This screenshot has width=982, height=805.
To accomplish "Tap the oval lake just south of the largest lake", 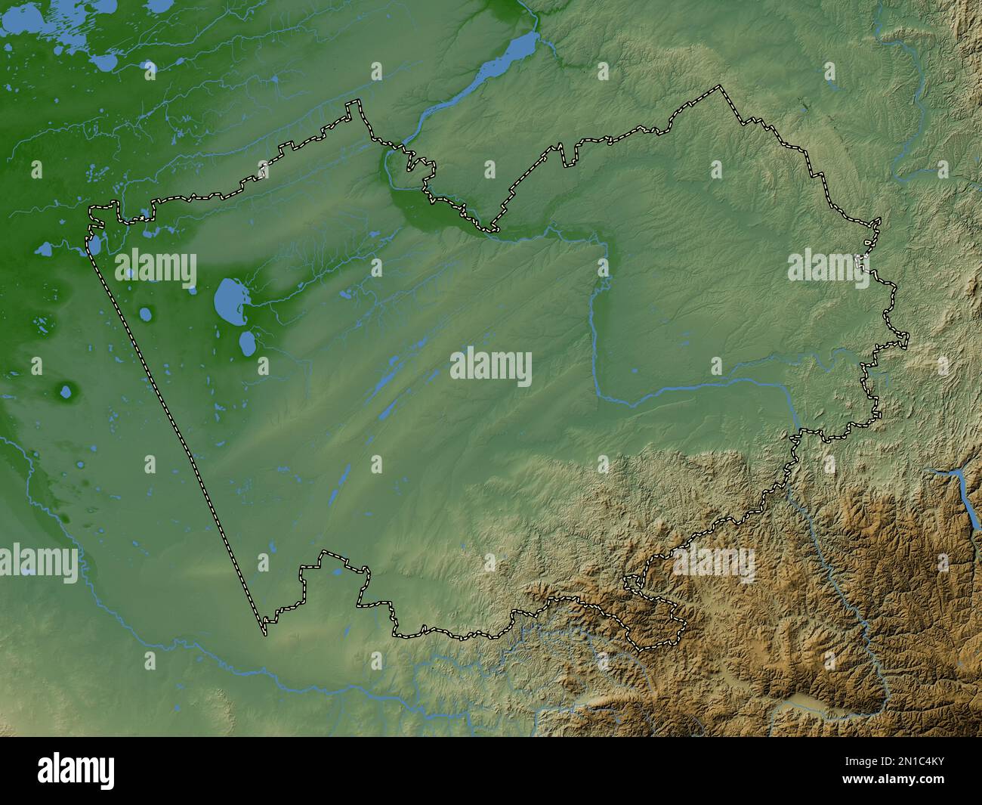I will pos(247,342).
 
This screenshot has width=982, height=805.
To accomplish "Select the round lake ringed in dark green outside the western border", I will pos(66,392).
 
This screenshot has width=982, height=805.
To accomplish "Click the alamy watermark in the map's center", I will pos(491,368).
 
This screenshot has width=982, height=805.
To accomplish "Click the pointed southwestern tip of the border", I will pos(264,633).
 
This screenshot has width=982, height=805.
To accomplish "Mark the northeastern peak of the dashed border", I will pos(718,86).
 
